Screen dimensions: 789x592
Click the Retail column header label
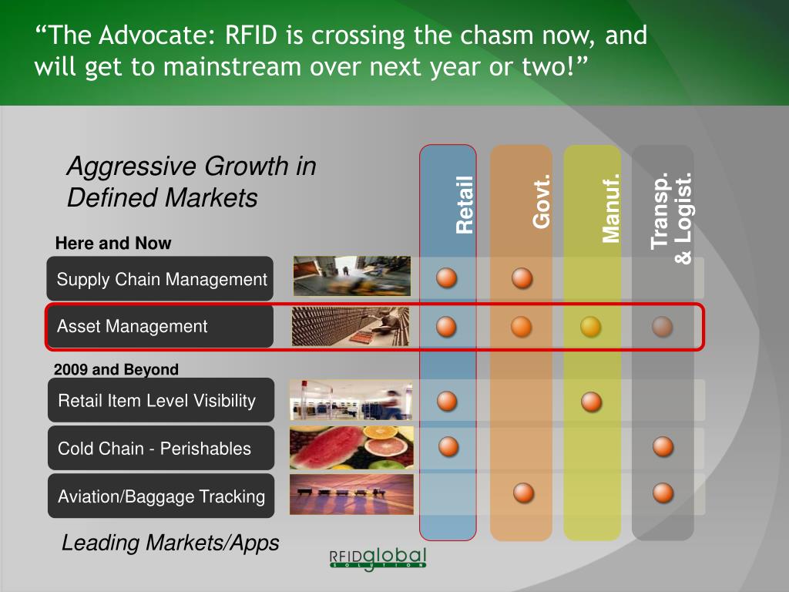coord(465,205)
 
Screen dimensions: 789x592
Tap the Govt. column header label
coord(542,201)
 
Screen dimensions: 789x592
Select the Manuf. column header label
coord(611,208)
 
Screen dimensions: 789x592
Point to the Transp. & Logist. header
coord(671,218)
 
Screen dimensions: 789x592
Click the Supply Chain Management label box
coord(160,278)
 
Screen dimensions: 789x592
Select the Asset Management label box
coord(160,326)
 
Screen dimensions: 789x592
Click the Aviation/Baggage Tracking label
coord(161,496)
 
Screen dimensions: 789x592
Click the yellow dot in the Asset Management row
coord(591,327)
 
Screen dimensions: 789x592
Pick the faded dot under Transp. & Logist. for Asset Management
coord(662,327)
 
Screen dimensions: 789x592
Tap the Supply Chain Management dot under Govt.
coord(522,277)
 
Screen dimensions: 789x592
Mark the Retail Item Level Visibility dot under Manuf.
coord(591,402)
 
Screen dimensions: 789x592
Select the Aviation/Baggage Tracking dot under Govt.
coord(524,493)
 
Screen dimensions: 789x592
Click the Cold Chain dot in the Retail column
coord(448,446)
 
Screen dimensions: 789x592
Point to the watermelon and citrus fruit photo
coord(351,448)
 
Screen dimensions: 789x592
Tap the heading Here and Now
coord(113,243)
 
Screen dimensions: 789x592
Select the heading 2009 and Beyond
coord(116,369)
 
